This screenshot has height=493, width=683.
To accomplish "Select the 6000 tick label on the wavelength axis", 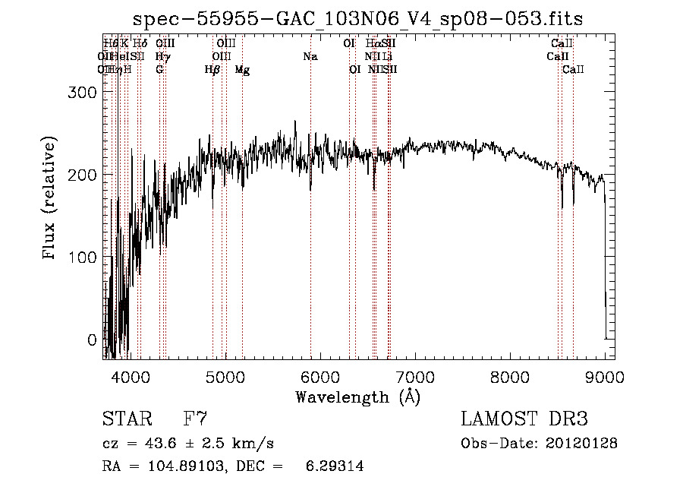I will point(319,378).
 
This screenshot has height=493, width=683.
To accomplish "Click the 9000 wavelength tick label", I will point(605,378).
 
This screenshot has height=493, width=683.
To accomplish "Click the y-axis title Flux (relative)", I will point(51,199).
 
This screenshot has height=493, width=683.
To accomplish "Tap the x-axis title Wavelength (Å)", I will point(357,397).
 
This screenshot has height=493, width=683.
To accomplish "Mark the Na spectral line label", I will point(310,57).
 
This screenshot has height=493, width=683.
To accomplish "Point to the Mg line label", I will point(242,70).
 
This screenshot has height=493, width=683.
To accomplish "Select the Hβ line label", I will point(212,70).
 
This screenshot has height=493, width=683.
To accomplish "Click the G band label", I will point(159,70).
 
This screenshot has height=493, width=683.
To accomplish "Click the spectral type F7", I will point(196,419).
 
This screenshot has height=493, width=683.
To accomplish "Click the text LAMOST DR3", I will point(524,419).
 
